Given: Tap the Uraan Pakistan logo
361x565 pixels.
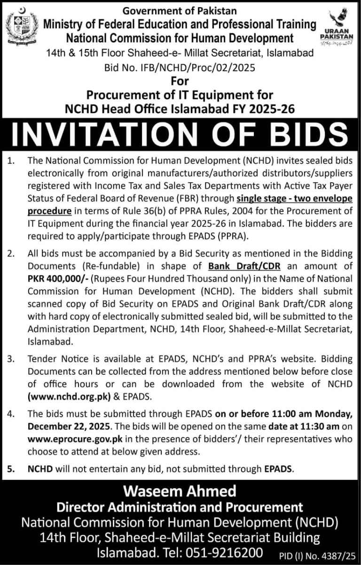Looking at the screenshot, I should pos(342,26).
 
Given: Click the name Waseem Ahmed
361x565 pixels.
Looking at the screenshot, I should pos(180,492).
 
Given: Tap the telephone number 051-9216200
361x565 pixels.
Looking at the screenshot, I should pos(235,552).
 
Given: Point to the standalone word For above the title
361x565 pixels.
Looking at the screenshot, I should pos(180,81).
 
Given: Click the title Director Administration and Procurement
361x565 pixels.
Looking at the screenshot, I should pos(180,507).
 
